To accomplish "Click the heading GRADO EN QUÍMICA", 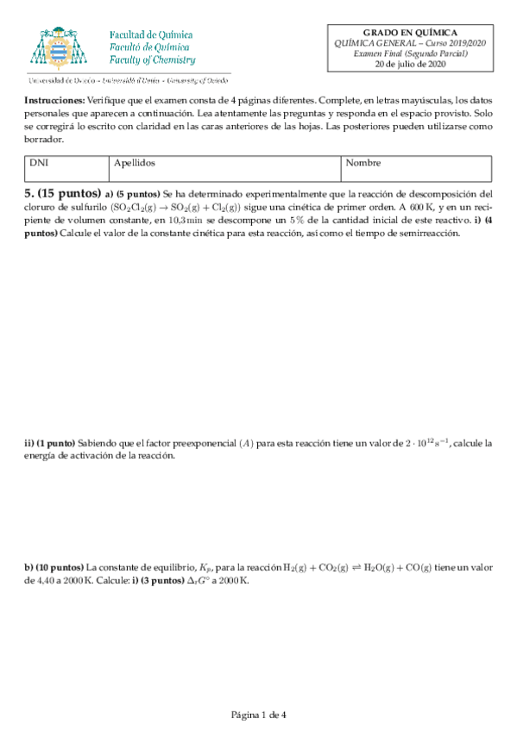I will [x=409, y=31].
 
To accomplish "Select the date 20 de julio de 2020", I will [x=409, y=64].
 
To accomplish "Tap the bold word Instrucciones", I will [x=54, y=101].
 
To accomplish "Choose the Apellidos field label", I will [x=134, y=163].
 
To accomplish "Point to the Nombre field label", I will [x=363, y=163].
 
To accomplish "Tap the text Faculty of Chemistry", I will [x=152, y=61].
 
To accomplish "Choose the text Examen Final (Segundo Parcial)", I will [x=409, y=53].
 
